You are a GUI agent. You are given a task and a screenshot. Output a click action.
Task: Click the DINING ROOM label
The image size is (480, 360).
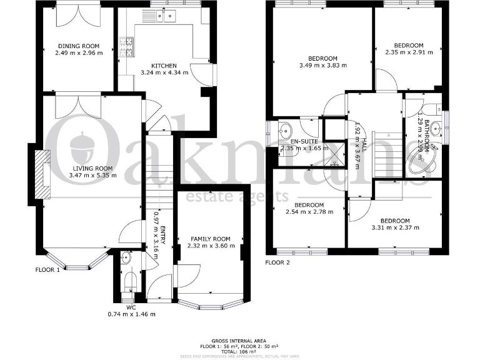click(78, 46)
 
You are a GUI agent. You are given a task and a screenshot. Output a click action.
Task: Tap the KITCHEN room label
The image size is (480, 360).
click(163, 65)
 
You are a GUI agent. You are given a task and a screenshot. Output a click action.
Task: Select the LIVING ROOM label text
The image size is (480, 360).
click(92, 168)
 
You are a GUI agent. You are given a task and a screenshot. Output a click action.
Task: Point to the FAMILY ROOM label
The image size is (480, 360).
click(211, 239)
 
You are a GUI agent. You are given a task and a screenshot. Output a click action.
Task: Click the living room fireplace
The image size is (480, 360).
click(41, 176)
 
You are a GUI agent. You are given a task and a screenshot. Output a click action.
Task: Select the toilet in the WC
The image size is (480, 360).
click(129, 280)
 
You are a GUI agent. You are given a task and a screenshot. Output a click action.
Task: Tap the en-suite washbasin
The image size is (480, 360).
click(284, 131)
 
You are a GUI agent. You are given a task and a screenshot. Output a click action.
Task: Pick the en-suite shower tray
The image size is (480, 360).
click(336, 151)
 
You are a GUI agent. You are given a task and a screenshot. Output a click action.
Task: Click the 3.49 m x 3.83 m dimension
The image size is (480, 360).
click(322, 64)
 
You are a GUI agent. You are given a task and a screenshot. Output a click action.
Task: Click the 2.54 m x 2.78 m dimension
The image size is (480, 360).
click(309, 212)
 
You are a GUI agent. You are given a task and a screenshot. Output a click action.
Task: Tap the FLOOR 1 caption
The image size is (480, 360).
click(47, 270)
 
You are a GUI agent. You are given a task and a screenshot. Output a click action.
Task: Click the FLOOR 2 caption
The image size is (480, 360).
click(277, 262)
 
